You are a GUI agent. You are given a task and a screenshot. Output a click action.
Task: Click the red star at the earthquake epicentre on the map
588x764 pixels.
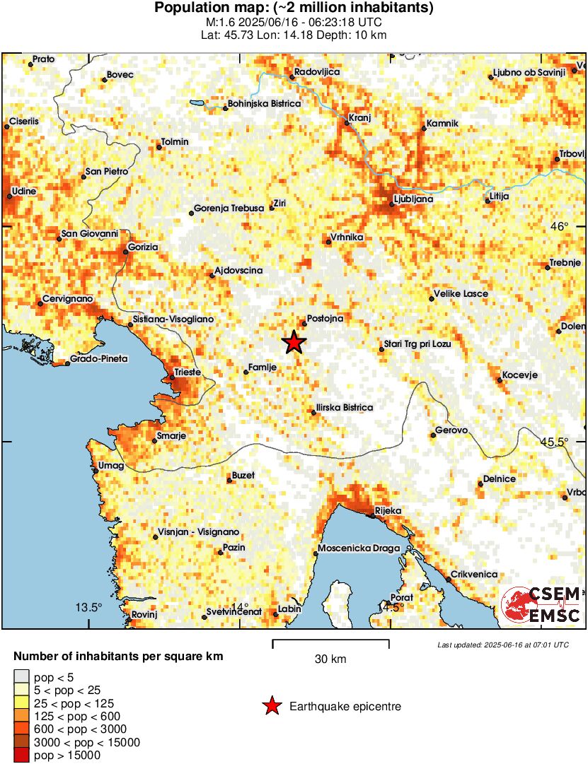pyautogui.click(x=294, y=343)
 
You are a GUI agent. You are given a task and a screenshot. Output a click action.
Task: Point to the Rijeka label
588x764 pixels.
pyautogui.click(x=388, y=511)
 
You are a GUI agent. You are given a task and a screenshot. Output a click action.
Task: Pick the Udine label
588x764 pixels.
pyautogui.click(x=24, y=191)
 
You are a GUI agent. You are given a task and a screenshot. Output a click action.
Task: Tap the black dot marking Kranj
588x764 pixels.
pyautogui.click(x=347, y=124)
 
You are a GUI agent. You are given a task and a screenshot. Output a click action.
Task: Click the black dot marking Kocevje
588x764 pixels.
pyautogui.click(x=500, y=381)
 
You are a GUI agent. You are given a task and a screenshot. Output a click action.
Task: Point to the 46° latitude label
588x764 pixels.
pyautogui.click(x=560, y=227)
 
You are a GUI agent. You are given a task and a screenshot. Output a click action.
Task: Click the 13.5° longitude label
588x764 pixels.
pyautogui.click(x=90, y=608)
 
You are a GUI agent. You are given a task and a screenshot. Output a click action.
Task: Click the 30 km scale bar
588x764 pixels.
pyautogui.click(x=330, y=642)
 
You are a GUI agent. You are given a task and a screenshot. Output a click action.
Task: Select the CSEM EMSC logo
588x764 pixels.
pyautogui.click(x=541, y=605)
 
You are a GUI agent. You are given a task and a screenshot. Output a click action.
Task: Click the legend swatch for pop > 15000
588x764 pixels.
pyautogui.click(x=21, y=756)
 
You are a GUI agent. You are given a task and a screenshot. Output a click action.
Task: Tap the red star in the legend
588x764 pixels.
pyautogui.click(x=270, y=706)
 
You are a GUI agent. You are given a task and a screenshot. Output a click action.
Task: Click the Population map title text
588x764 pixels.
pyautogui.click(x=294, y=8)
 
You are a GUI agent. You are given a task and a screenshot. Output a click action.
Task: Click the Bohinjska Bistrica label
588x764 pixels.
pyautogui.click(x=264, y=104)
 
